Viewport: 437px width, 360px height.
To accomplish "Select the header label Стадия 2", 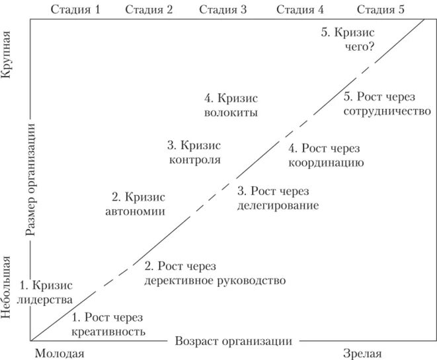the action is tap(149, 9).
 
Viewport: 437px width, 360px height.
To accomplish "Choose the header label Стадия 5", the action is tap(380, 9).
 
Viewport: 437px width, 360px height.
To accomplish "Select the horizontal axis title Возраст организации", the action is tap(233, 341).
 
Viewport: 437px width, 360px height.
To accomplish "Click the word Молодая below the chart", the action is tap(59, 353).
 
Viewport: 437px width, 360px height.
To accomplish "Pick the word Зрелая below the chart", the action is tap(363, 353).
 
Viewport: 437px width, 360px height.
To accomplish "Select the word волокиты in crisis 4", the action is tap(231, 112).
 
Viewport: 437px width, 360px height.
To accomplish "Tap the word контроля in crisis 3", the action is tap(194, 159).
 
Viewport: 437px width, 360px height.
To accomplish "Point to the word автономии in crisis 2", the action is tap(135, 211).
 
